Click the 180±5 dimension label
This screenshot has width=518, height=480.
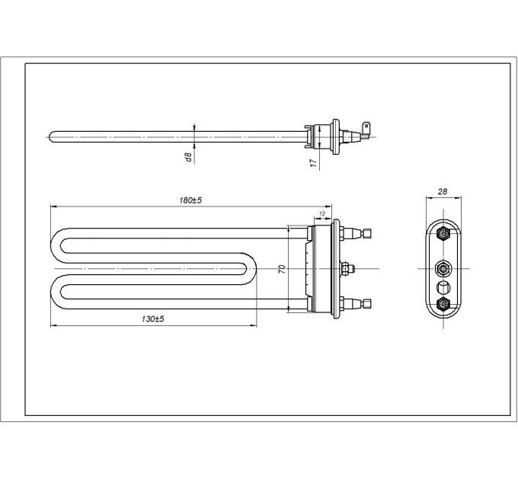pos(190,200)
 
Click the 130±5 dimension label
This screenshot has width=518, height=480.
pos(152,318)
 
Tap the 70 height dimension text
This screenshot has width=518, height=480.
pos(282,269)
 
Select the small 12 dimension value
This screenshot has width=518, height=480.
pos(322,214)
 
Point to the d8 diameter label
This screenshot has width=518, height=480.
pos(188,157)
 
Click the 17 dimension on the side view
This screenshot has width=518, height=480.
pos(313,162)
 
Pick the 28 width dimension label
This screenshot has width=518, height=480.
pos(443,191)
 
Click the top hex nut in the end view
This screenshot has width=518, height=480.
pos(443,234)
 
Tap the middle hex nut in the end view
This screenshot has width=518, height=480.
pos(443,269)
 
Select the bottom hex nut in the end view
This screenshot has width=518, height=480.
pos(443,303)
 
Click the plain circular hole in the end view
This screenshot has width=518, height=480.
pos(443,286)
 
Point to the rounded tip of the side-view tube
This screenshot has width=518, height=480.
pos(51,137)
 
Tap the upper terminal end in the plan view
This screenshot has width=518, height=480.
pos(366,233)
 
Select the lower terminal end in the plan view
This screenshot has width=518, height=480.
pos(366,303)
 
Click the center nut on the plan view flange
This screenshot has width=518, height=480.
pos(346,269)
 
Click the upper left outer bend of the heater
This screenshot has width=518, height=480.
pos(58,245)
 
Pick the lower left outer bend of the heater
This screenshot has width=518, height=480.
pos(58,292)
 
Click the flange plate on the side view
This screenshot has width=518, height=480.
pos(336,136)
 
